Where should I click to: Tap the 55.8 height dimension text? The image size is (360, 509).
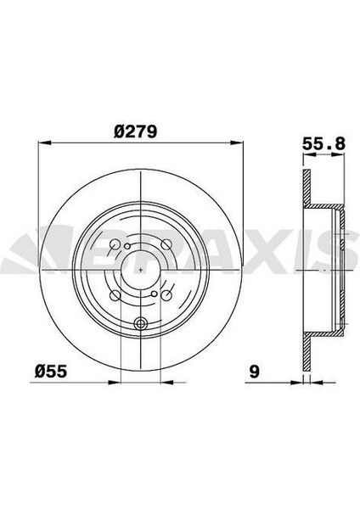(323, 144)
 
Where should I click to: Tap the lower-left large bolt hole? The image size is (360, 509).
(115, 295)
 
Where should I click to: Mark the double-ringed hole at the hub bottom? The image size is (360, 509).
(140, 322)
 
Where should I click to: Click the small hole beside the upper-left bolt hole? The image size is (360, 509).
(127, 247)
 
